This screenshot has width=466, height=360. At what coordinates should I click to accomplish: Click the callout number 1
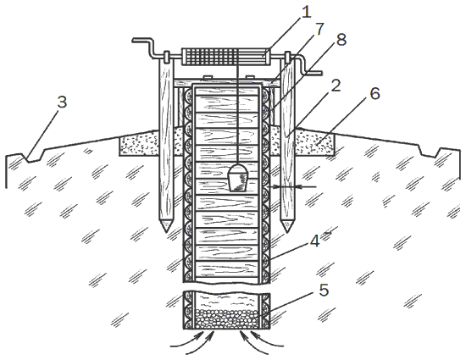(x=306, y=12)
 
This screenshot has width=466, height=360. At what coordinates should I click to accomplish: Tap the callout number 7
(x=319, y=29)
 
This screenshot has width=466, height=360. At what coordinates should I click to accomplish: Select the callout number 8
(x=341, y=40)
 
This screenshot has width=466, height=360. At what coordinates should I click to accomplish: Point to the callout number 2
(x=336, y=86)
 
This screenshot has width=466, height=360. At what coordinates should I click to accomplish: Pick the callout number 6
(x=374, y=93)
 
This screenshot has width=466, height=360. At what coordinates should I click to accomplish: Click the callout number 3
(x=62, y=102)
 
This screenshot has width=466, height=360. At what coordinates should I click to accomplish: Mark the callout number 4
(x=314, y=241)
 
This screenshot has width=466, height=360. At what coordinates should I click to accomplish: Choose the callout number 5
(x=324, y=290)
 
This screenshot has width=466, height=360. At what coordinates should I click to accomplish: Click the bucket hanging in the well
(x=238, y=178)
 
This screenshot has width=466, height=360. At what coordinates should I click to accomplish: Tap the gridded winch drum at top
(x=226, y=57)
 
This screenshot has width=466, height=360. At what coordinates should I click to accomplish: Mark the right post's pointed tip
(x=286, y=232)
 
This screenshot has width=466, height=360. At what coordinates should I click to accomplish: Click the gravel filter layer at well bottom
(x=226, y=318)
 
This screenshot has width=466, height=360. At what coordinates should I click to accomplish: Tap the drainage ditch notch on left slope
(x=32, y=157)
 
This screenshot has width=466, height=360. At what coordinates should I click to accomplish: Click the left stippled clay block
(x=139, y=145)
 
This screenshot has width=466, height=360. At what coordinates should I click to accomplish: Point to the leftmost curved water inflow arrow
(x=187, y=341)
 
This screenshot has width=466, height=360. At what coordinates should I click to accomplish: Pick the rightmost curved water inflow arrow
(x=267, y=341)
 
